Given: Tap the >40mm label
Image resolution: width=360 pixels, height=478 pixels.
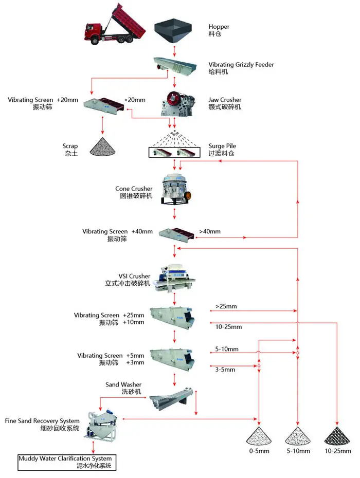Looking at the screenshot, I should point(210,231).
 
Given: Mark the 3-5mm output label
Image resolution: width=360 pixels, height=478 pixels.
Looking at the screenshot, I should point(225,369).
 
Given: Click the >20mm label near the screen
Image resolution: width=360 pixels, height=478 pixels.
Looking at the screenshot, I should point(135,100).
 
